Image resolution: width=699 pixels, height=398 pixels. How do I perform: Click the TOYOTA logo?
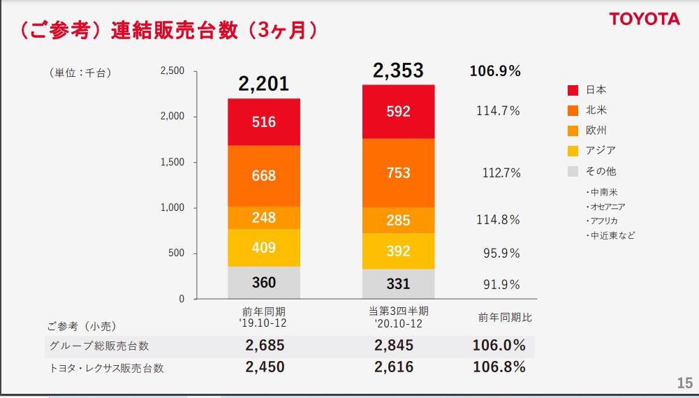pos(644,19)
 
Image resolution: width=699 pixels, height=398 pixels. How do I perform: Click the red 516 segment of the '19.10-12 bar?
pos(264,122)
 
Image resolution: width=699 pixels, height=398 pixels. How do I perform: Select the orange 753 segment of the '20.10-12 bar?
pos(398,173)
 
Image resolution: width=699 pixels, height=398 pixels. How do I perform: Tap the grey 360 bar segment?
pos(264,283)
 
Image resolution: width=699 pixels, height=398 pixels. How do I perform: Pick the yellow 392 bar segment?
pos(398,251)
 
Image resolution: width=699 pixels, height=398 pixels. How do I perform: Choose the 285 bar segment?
pos(398,221)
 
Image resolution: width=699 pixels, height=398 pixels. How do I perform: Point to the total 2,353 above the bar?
pos(398,71)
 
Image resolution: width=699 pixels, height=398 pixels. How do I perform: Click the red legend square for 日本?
pos(573,90)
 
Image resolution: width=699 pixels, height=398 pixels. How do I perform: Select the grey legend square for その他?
pos(573,171)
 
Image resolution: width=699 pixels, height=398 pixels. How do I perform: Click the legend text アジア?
pos(601,151)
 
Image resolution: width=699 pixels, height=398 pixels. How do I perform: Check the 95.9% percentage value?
pos(501,253)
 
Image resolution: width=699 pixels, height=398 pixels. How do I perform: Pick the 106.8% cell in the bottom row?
pos(499,367)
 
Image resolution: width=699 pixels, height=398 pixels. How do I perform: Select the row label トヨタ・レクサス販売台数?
pos(106,368)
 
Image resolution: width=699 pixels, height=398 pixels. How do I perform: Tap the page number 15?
pos(684,383)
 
